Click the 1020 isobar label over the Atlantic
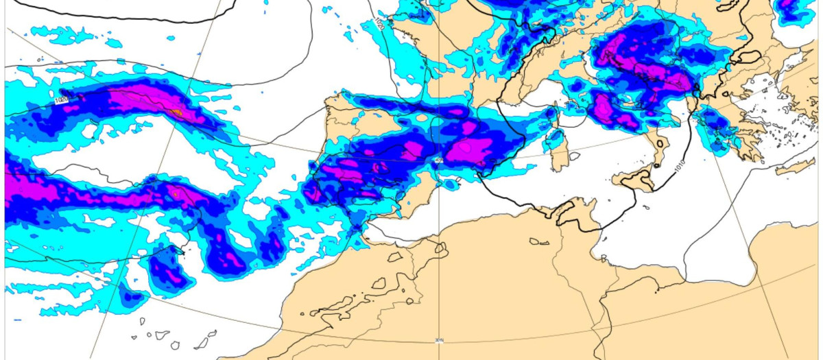click(61, 101)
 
